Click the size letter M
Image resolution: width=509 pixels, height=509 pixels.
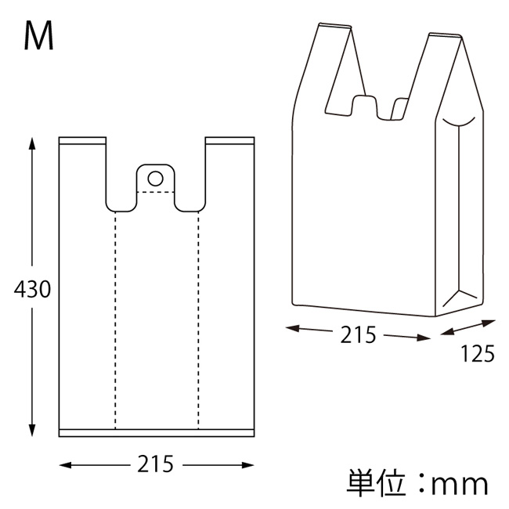coord(39,36)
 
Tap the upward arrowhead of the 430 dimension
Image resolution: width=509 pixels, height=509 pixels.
coord(31,143)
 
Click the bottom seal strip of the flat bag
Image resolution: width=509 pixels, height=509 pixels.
coord(157,433)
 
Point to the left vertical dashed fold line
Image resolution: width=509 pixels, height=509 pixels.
coord(116,321)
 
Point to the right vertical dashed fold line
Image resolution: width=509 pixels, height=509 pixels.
coord(198,321)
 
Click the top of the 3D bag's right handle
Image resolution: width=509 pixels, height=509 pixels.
coord(443,35)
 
